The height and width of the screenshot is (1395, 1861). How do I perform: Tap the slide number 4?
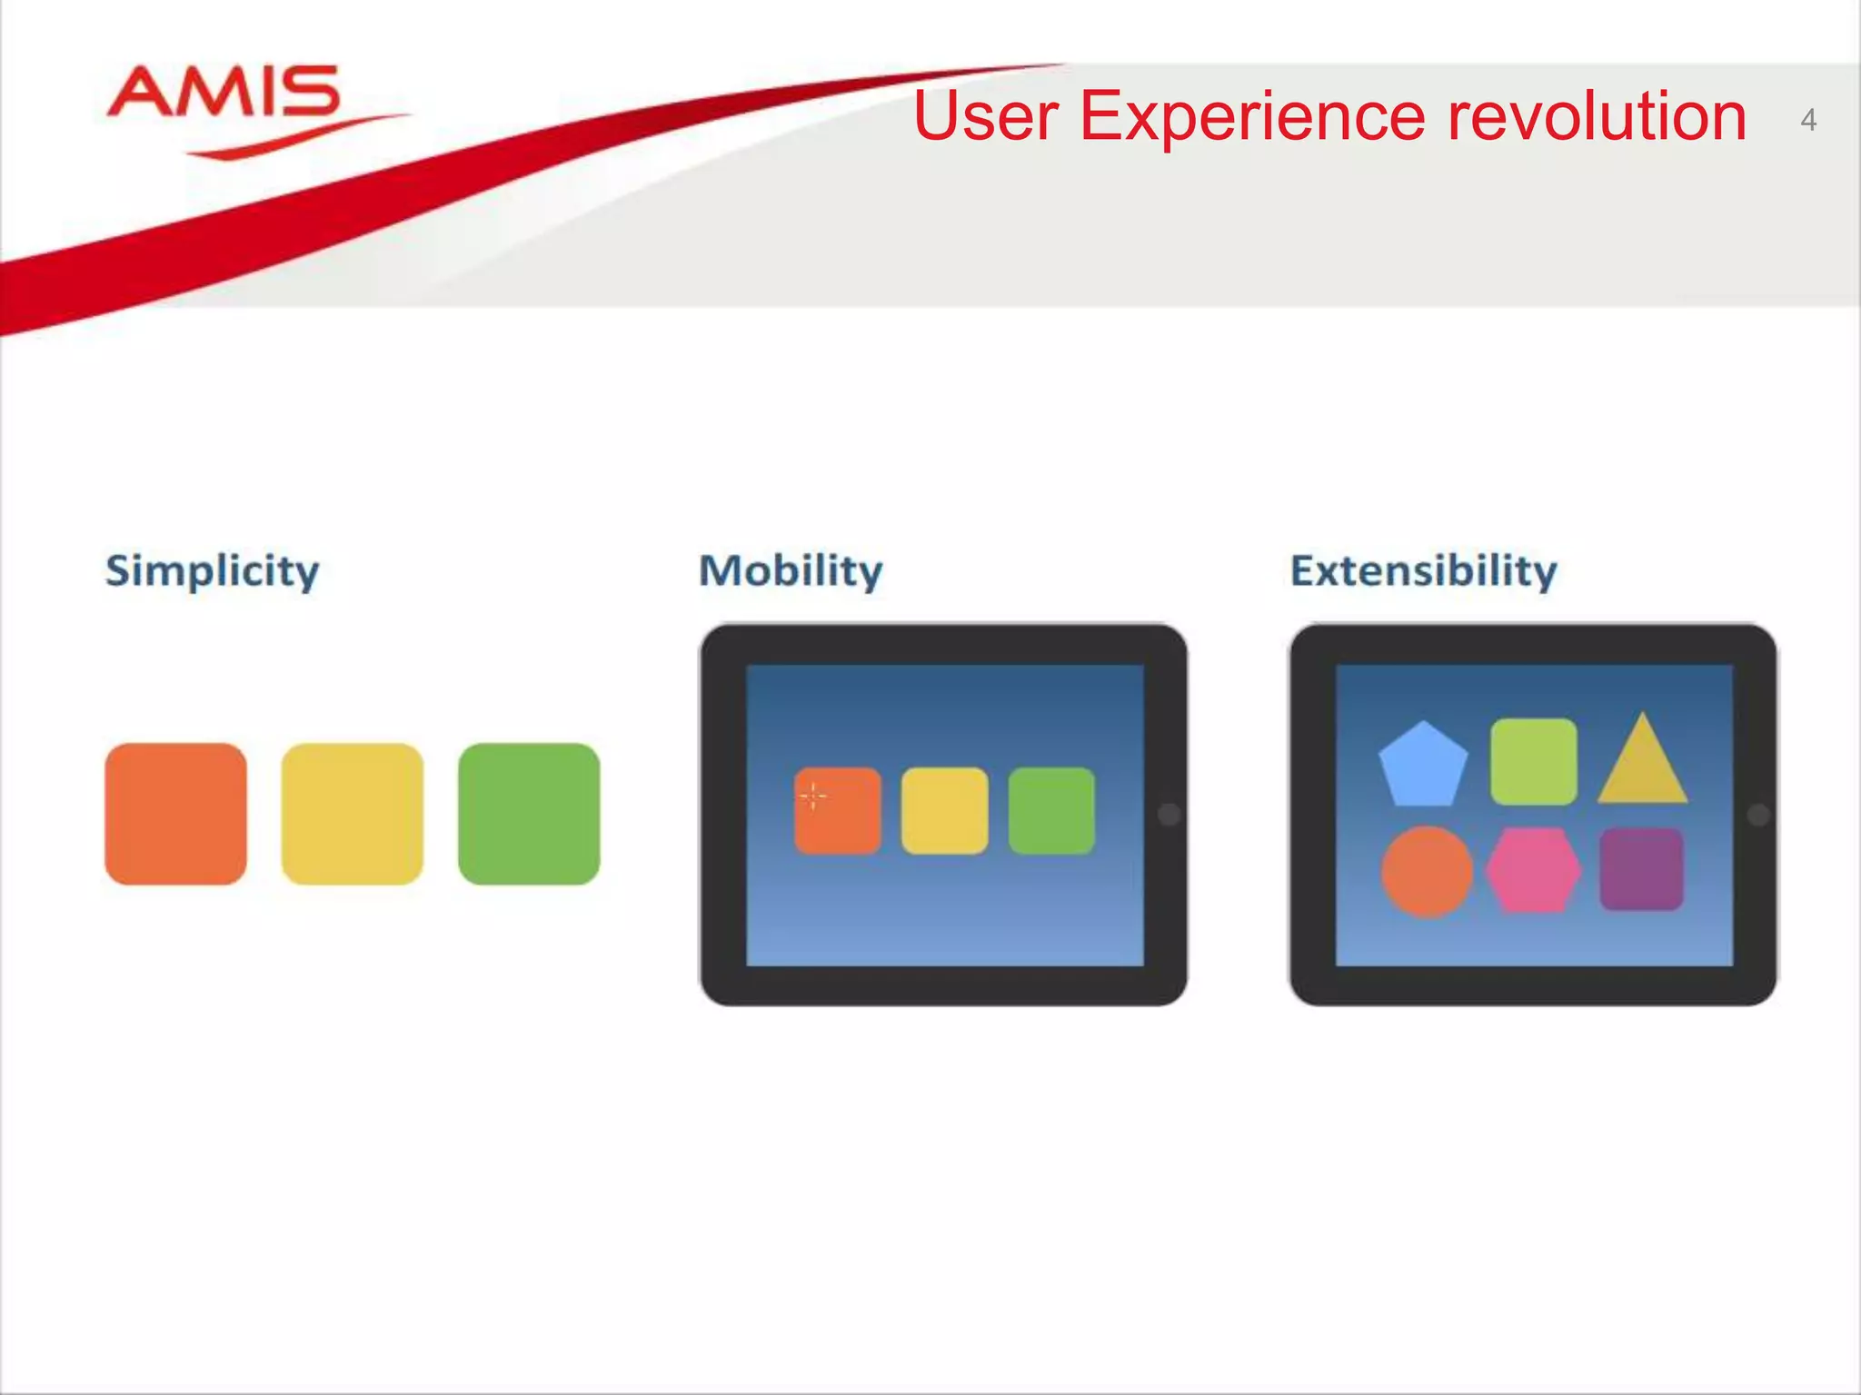coord(1807,120)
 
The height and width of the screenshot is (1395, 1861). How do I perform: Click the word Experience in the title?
coord(1253,118)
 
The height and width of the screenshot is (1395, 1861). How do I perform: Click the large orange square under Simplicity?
coord(175,814)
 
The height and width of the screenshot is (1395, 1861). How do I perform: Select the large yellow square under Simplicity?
coord(352,814)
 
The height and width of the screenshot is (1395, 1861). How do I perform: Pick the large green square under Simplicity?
coord(529,814)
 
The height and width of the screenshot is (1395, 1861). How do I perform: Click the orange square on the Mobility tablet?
coord(838,811)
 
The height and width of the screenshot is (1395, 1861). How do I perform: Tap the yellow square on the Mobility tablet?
coord(944,811)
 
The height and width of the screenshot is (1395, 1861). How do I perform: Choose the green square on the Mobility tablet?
coord(1051,811)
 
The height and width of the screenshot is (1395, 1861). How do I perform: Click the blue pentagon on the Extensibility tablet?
coord(1423,767)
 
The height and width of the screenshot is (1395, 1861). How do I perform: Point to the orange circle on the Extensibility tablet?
coord(1427,871)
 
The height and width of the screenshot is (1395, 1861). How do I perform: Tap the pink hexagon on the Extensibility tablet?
coord(1533,870)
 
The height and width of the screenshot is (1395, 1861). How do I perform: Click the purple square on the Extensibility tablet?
coord(1641,869)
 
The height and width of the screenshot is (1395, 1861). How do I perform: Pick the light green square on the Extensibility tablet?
coord(1533,761)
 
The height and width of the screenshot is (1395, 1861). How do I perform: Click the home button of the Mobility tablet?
coord(1169,815)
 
